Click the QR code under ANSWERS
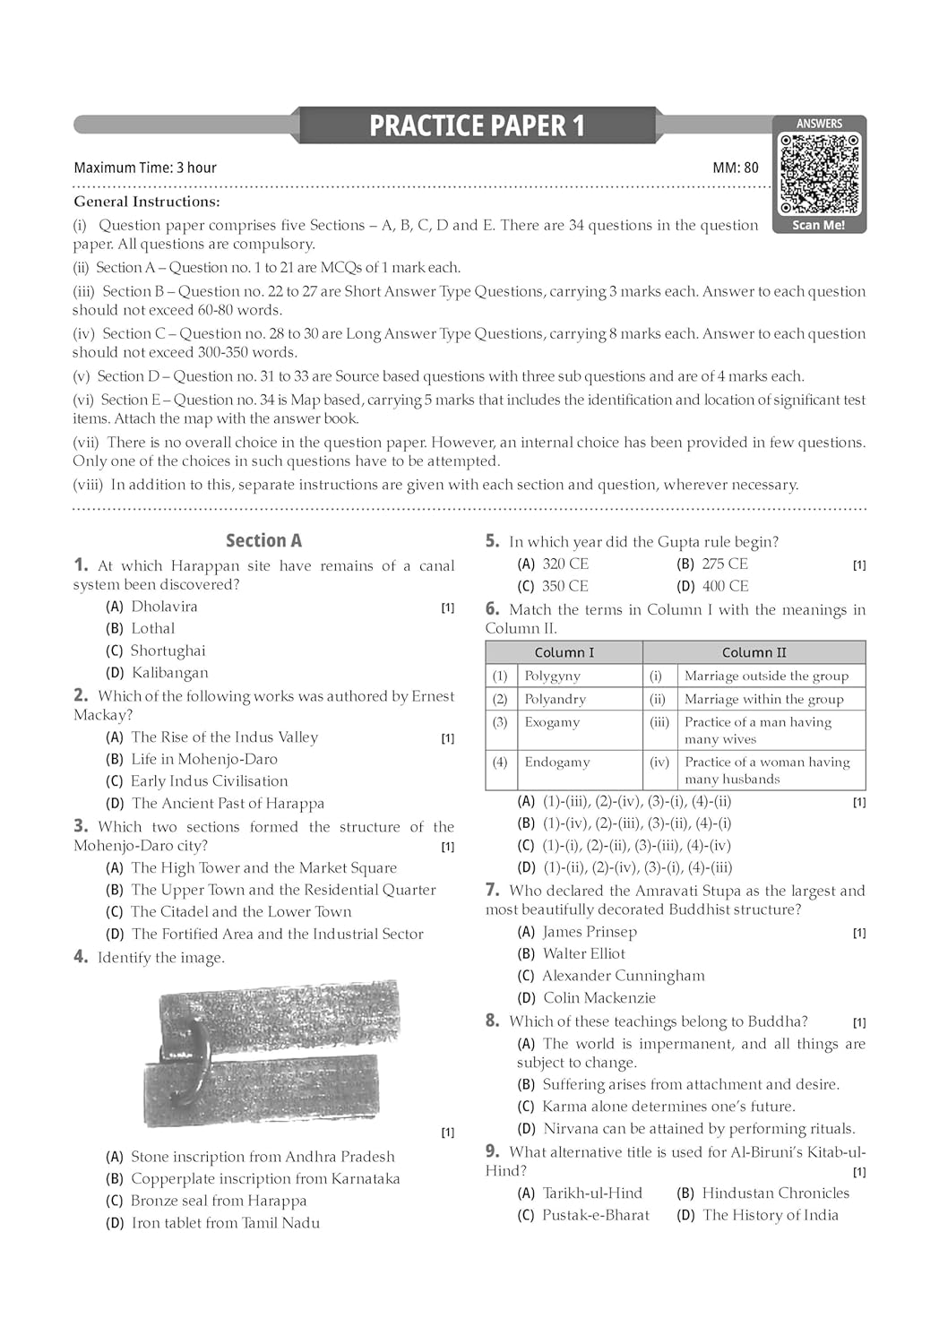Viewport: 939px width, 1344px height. click(819, 174)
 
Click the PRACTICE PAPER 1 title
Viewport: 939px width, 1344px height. click(477, 125)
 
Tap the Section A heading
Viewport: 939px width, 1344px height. click(263, 540)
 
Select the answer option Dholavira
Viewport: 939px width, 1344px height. click(164, 607)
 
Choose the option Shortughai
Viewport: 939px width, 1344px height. click(168, 650)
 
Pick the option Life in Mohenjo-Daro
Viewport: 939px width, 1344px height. click(204, 759)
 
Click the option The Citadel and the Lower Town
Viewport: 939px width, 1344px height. click(241, 911)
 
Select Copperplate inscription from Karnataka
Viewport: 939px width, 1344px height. click(265, 1178)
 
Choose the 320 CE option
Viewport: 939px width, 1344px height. click(565, 564)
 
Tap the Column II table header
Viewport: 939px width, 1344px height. click(754, 652)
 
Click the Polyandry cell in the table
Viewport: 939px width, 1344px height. click(555, 699)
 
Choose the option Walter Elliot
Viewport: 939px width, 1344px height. click(583, 953)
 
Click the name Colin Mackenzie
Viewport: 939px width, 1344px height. click(599, 997)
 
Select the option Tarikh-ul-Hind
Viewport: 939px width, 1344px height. click(592, 1193)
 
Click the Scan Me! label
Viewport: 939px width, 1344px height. click(818, 225)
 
